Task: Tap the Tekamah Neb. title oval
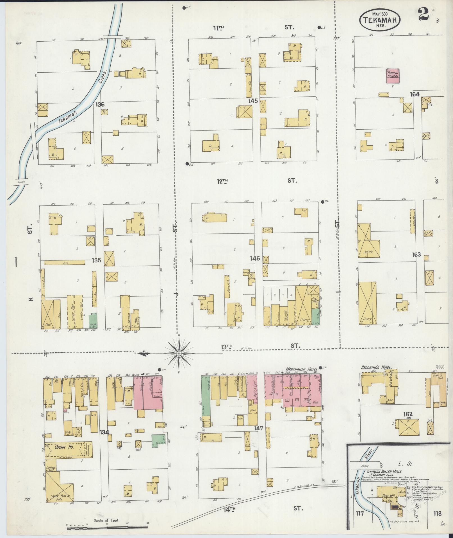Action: click(380, 19)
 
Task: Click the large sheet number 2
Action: click(424, 15)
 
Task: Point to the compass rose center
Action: click(179, 353)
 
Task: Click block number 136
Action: click(100, 105)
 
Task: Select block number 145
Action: click(253, 100)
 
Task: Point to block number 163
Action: click(416, 255)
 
